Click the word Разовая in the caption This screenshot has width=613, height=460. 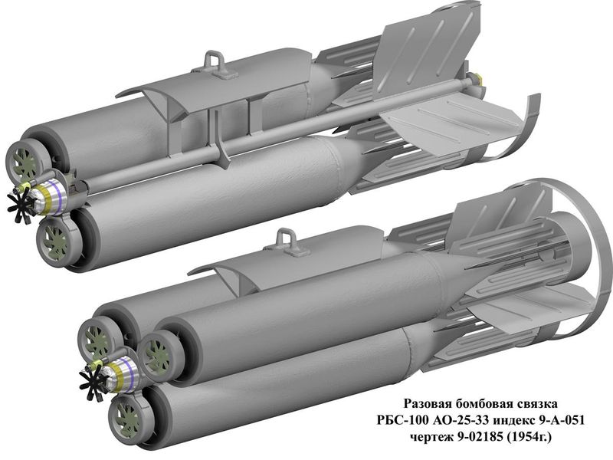click(x=428, y=404)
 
